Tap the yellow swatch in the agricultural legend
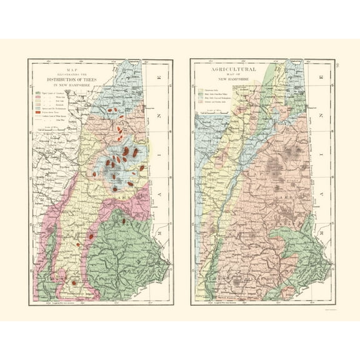(x=201, y=89)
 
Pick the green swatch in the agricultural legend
(x=201, y=94)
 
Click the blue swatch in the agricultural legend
(x=201, y=98)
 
